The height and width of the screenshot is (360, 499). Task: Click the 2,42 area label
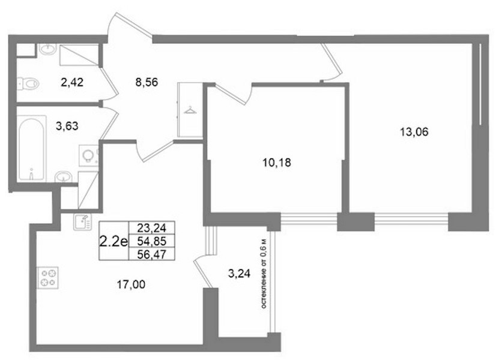coord(72,82)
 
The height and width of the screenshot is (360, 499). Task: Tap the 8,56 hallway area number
coord(147,82)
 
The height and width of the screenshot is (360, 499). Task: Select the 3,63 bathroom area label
coord(67,126)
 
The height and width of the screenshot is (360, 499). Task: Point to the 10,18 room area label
coord(277,163)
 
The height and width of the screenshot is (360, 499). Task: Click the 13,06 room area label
coord(414,131)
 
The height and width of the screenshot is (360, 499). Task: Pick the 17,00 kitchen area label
coord(131,284)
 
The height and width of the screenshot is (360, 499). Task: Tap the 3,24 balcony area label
coord(240,273)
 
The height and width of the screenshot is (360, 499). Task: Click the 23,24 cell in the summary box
coord(151,228)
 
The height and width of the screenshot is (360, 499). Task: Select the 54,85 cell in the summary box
coord(151,241)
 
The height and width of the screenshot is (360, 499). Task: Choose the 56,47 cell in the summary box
coord(151,254)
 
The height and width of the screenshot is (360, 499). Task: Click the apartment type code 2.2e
coord(113,242)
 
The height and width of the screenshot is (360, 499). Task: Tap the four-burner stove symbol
coord(47,278)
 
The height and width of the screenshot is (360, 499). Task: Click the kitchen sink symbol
coord(82,221)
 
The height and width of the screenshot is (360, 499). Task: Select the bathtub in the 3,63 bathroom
coord(31,149)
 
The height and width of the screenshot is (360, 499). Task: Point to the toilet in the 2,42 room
coord(28,83)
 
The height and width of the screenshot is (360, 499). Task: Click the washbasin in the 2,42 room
coord(48,49)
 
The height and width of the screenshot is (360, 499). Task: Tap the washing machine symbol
coord(88,155)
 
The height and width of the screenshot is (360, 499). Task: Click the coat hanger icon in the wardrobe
coord(190,110)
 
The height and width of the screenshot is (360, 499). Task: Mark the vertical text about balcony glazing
coord(264,274)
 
